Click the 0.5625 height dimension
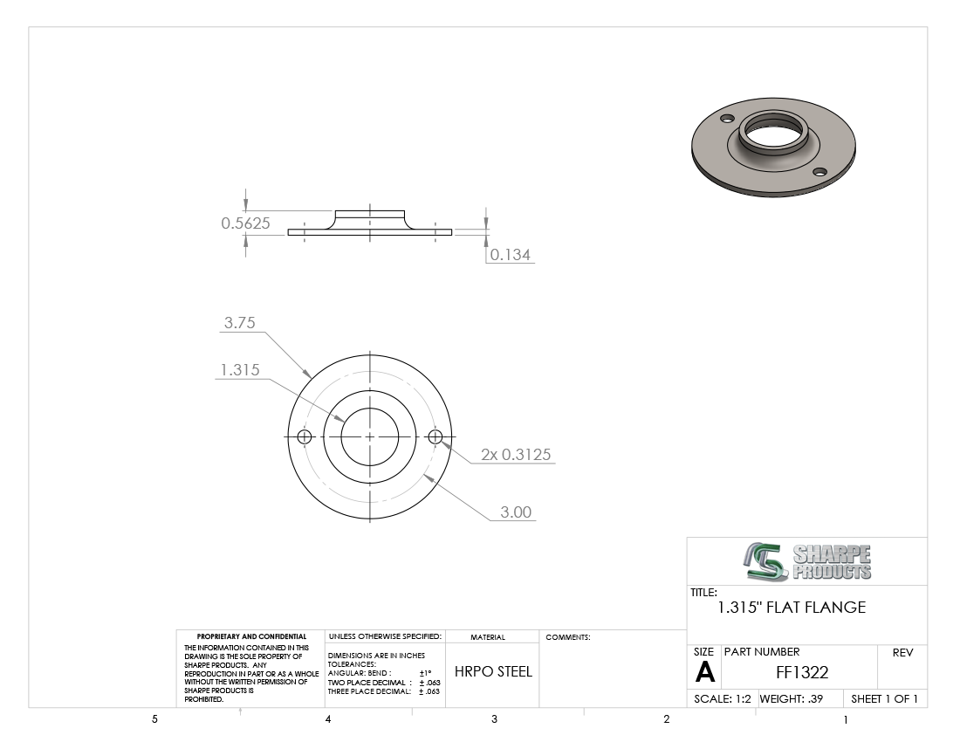click(245, 223)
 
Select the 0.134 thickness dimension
click(510, 255)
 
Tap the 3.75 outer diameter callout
click(239, 323)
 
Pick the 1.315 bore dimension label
click(240, 370)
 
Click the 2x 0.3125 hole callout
click(516, 454)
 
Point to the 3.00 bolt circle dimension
click(516, 512)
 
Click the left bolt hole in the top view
click(305, 436)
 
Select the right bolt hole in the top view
click(435, 436)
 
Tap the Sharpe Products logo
click(808, 561)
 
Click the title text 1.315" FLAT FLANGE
click(792, 608)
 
